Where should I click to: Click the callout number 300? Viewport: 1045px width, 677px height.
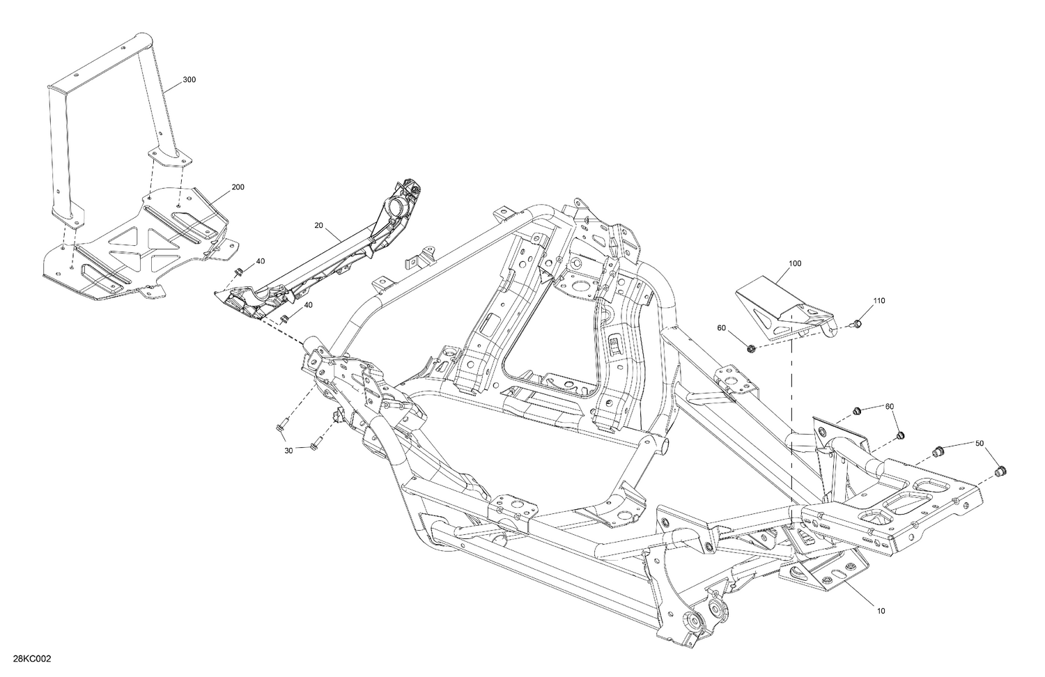point(189,80)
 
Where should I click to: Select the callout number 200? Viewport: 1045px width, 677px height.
point(238,187)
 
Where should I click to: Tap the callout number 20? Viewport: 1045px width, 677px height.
point(319,225)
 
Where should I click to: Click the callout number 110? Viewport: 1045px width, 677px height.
point(879,301)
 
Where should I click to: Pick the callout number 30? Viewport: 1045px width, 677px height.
point(288,450)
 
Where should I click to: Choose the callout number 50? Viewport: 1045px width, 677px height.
point(980,443)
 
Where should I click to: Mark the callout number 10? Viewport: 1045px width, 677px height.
point(881,611)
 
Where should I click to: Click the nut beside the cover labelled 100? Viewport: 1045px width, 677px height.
point(751,347)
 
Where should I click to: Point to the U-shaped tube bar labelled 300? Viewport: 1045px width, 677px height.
point(104,104)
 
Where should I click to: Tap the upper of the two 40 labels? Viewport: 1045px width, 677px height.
point(260,261)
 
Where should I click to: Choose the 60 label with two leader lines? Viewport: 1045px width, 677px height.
point(889,406)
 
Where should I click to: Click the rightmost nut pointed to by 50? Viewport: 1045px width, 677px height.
point(1001,472)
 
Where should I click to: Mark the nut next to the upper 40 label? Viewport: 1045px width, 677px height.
point(238,271)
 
